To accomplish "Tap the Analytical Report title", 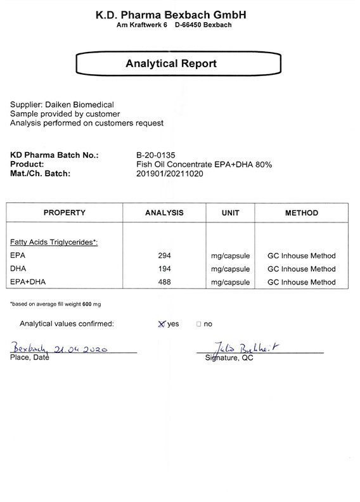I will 171,63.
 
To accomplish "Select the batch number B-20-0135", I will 155,155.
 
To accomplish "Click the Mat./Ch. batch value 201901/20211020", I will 170,174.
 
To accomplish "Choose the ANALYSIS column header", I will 164,213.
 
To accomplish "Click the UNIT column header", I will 230,213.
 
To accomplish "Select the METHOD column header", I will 301,213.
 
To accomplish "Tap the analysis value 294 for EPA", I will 164,256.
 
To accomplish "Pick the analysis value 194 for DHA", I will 164,269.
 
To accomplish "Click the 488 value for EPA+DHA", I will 164,282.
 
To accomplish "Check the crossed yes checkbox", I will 162,324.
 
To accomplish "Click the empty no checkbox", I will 198,324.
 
